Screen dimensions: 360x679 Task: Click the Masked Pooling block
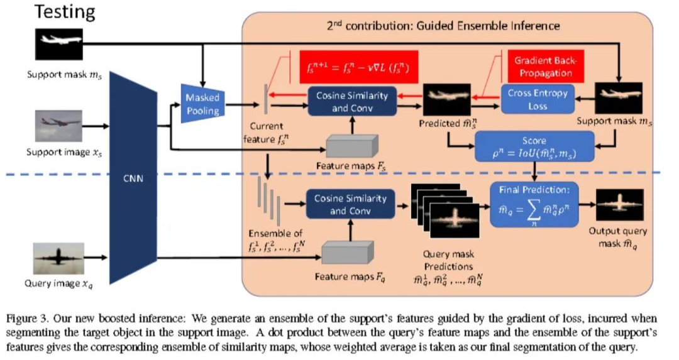[x=202, y=103]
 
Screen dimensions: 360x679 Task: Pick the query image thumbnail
[x=58, y=258]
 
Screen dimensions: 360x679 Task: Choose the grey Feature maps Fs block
[x=350, y=146]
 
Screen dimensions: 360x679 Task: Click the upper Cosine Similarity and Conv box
[x=351, y=102]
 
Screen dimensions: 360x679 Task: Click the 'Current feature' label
[x=265, y=133]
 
